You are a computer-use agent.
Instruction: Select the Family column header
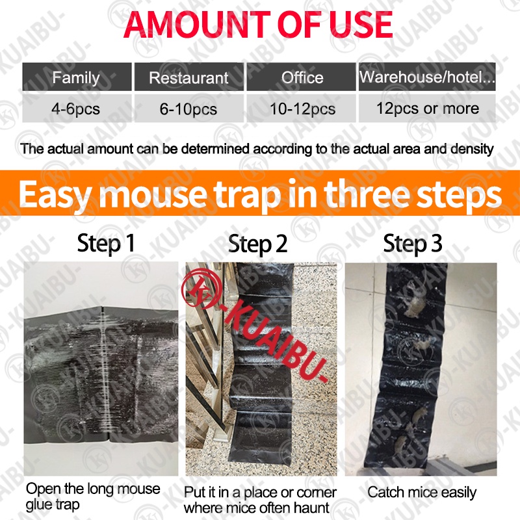point(77,77)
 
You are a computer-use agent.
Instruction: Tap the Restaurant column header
point(188,77)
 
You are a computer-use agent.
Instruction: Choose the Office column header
point(302,77)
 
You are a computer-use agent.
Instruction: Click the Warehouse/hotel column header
point(427,77)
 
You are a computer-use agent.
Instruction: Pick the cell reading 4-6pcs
point(77,109)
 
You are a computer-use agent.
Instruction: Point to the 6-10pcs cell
point(188,109)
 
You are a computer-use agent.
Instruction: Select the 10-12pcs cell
point(302,109)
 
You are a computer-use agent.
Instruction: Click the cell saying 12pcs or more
point(427,109)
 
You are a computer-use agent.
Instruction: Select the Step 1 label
point(106,244)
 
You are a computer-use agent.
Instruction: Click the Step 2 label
point(257,244)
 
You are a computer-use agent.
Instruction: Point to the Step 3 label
point(413,244)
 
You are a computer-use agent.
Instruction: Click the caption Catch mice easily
point(422,493)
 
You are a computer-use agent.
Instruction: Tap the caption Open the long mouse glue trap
point(93,497)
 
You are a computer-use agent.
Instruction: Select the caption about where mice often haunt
point(260,500)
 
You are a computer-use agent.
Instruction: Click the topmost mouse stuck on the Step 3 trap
point(415,302)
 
